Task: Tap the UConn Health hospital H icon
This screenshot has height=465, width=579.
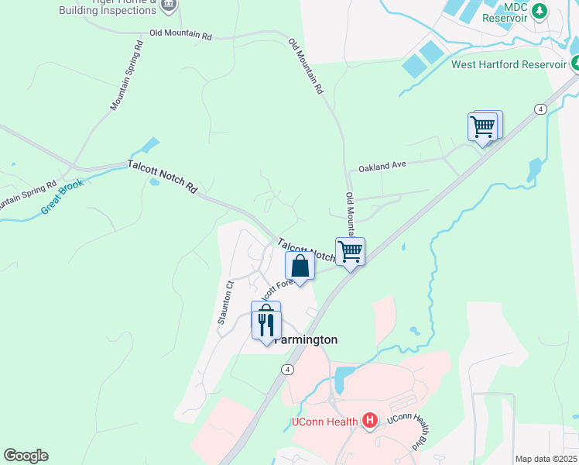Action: [370, 422]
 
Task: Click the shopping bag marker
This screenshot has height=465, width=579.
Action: [300, 266]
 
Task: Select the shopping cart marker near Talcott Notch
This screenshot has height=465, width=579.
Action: [350, 251]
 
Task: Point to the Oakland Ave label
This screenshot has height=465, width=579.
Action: [382, 166]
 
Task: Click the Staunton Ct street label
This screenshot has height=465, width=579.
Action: [226, 302]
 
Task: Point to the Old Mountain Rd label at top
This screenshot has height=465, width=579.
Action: [180, 35]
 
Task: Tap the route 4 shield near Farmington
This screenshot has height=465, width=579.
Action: [288, 370]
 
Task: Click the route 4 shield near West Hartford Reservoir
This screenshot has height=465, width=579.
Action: [540, 109]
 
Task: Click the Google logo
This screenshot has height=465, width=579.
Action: [26, 456]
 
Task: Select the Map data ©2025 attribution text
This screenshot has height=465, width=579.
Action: [546, 459]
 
